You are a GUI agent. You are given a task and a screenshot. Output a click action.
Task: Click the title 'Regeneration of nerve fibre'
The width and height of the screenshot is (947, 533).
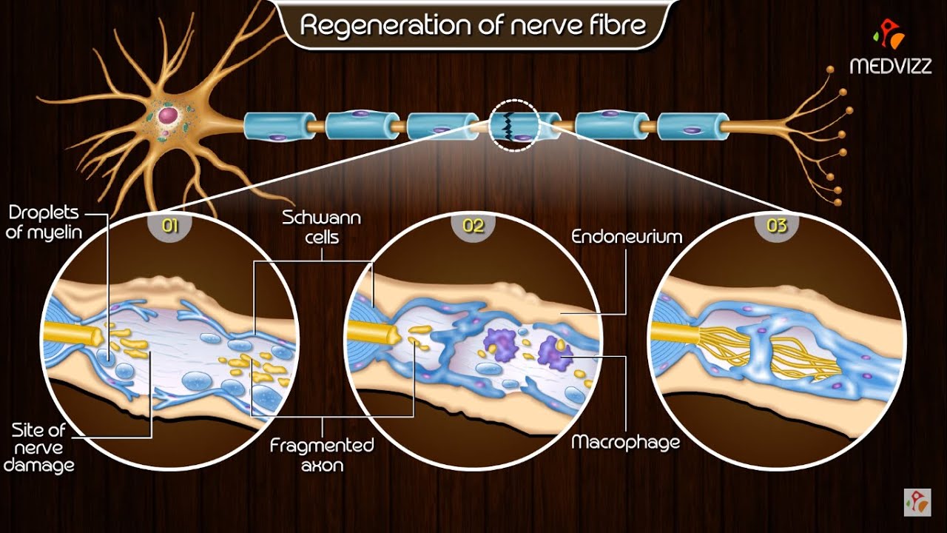pos(473,26)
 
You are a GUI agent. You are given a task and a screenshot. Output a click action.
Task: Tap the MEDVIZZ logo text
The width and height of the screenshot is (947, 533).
pos(889,66)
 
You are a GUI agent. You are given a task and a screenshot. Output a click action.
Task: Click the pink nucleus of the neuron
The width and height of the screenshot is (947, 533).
pos(168,115)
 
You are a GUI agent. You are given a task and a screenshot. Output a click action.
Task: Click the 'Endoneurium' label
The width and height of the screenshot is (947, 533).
pos(627,237)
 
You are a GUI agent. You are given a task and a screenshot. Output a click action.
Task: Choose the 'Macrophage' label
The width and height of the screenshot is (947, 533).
pos(625,443)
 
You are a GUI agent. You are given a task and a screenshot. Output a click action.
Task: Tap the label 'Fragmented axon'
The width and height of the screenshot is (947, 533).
pos(322,455)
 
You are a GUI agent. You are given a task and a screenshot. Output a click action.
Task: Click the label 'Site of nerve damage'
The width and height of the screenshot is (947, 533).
pos(43,447)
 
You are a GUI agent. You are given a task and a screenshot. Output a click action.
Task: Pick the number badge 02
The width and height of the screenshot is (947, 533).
pos(473,226)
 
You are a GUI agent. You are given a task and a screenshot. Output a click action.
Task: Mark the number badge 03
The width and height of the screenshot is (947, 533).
pos(777,226)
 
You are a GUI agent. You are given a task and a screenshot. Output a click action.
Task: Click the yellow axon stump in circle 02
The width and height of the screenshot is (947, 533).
pos(374,332)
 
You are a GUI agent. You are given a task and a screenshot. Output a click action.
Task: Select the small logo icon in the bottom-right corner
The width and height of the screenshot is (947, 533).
pos(917,501)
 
